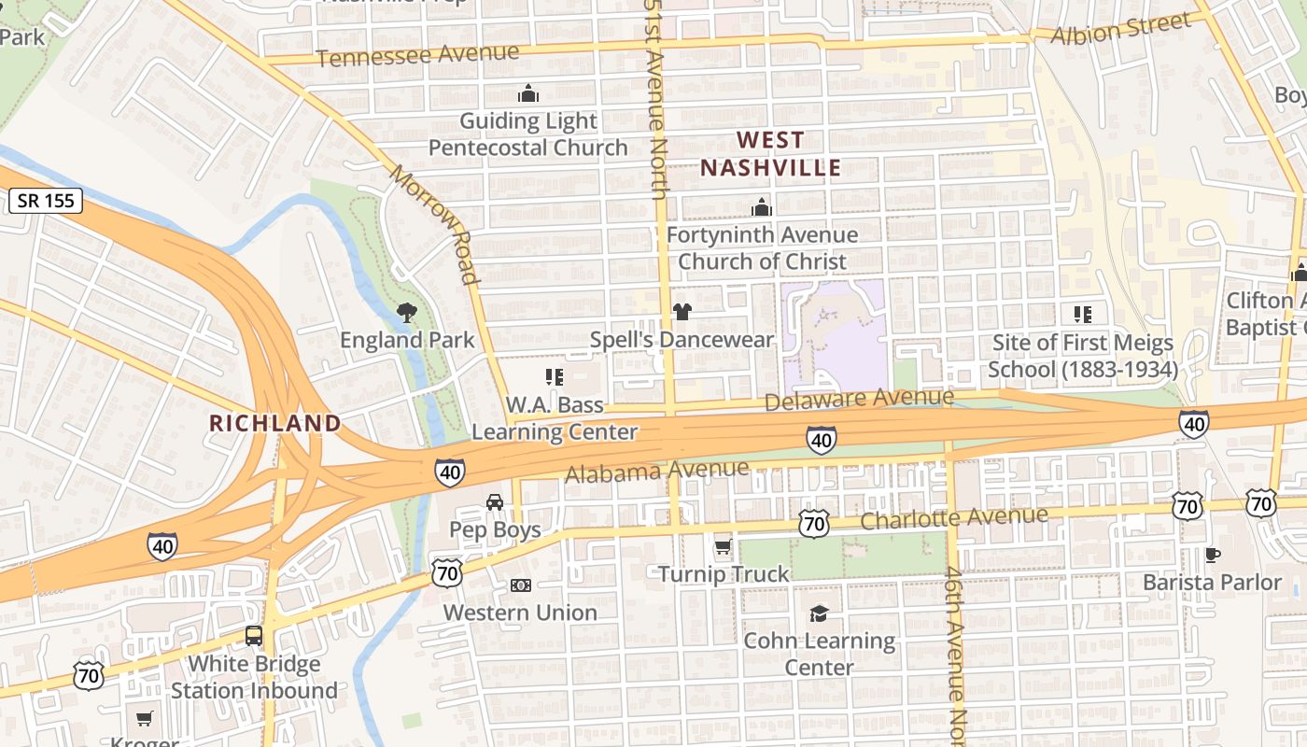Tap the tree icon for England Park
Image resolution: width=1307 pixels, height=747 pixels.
(406, 313)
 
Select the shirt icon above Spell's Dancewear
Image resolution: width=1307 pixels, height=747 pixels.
(682, 312)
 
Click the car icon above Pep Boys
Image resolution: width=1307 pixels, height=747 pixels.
(495, 502)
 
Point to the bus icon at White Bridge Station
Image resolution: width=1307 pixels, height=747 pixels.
(254, 637)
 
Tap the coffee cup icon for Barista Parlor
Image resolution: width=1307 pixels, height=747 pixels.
(1212, 555)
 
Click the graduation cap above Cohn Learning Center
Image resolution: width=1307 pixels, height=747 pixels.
(819, 613)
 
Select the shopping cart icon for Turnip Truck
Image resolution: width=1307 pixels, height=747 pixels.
(723, 547)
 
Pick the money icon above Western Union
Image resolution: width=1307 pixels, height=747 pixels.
(521, 585)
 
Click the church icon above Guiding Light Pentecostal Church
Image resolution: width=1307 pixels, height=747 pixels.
(528, 94)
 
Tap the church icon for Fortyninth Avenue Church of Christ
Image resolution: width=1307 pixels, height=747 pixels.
(762, 207)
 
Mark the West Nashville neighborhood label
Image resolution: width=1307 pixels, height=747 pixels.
(770, 154)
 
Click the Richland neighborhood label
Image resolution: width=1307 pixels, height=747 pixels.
(275, 423)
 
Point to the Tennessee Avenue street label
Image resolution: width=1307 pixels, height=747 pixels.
(417, 55)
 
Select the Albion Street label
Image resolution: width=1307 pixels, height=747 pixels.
(1120, 28)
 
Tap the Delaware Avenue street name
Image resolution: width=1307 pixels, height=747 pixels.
(859, 400)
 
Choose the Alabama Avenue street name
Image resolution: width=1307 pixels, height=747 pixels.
(656, 472)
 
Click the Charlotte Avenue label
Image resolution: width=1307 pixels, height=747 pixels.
(953, 517)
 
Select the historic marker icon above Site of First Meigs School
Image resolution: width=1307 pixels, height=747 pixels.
(1083, 315)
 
